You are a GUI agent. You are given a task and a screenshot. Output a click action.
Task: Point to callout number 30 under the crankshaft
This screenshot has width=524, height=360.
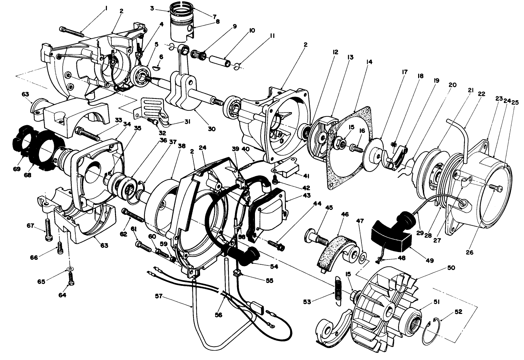pyautogui.click(x=211, y=129)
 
